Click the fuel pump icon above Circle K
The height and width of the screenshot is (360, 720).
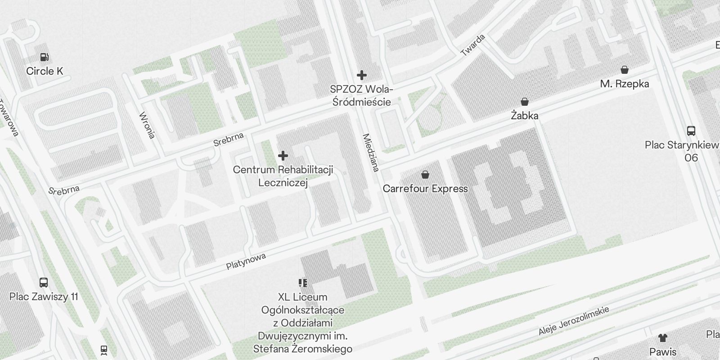[x=44, y=57]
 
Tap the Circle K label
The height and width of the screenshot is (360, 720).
[x=45, y=71]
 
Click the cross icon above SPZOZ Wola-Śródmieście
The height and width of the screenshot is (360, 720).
[x=361, y=75]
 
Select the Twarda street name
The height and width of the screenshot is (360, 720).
[x=473, y=45]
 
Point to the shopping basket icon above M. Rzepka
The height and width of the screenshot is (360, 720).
[x=624, y=70]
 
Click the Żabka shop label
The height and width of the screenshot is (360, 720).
[x=524, y=116]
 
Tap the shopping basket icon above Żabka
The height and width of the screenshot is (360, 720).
[x=524, y=102]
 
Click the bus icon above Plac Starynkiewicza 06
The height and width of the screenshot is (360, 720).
[x=691, y=131]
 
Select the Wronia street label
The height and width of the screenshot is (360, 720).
[x=147, y=125]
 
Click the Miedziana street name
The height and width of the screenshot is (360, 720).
[x=371, y=153]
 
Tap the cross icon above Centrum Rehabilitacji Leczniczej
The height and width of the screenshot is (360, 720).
[x=283, y=156]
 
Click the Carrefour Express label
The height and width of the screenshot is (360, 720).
[x=425, y=189]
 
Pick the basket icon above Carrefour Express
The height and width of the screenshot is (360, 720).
[x=425, y=175]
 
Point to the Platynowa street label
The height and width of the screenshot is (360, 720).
[x=246, y=261]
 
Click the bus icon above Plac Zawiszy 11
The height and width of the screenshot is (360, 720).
[x=44, y=283]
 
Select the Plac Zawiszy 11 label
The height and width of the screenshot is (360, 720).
[x=44, y=297]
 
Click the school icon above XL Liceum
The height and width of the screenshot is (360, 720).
[x=302, y=283]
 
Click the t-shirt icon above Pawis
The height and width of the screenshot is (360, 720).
[x=662, y=337]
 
